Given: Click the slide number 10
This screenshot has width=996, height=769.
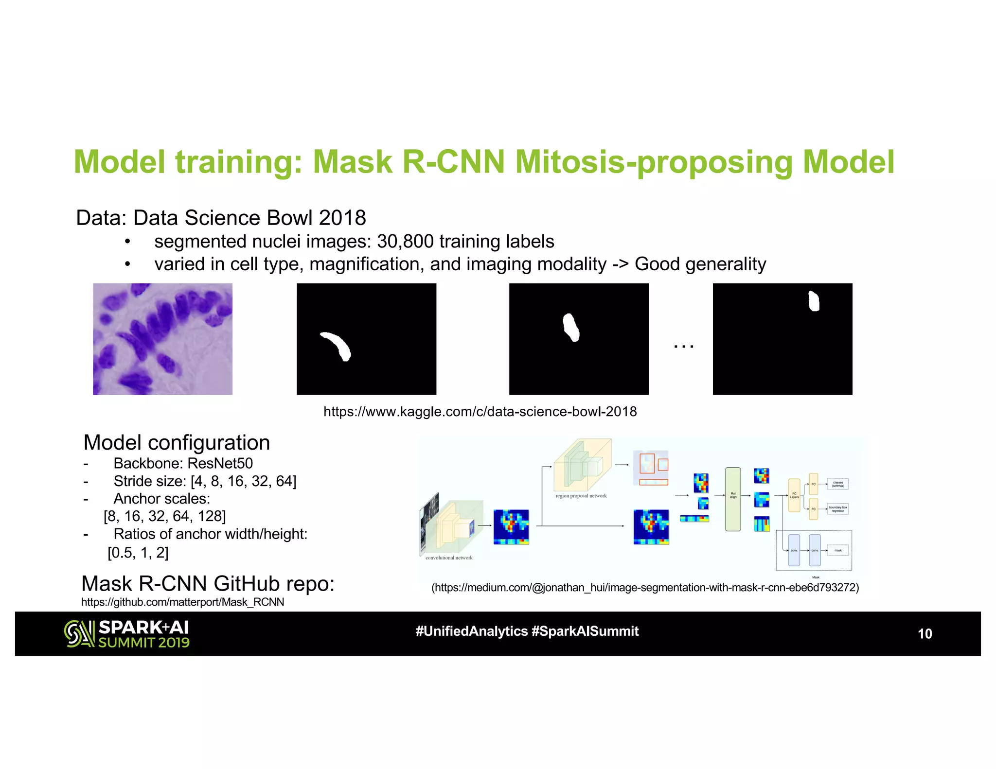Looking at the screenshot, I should (x=924, y=634).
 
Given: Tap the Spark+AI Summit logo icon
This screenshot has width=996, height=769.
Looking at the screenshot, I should (x=79, y=634).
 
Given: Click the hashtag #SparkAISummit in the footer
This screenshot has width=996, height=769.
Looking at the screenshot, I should (x=585, y=631).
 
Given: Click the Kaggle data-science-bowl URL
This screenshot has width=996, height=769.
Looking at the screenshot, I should (x=480, y=412).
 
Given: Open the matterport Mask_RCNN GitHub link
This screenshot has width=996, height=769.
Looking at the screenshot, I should (x=182, y=602).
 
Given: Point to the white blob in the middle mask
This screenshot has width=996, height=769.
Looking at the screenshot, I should (x=571, y=327).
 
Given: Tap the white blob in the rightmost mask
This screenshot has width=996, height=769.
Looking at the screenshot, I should (x=814, y=301).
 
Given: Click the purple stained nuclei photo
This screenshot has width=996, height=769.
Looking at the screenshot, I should (x=162, y=339).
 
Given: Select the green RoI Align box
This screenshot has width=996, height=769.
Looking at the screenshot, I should (x=733, y=499).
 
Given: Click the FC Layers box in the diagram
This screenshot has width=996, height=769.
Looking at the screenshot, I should (x=794, y=495).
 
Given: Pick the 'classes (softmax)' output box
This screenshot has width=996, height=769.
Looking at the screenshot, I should (x=838, y=484).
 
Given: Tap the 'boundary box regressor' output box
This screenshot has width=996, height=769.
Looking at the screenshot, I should (x=838, y=509).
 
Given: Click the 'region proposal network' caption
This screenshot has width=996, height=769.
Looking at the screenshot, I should (x=581, y=496).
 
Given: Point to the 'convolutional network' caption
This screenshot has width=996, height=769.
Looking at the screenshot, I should (x=449, y=558).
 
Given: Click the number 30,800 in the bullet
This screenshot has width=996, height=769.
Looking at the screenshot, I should (x=405, y=242).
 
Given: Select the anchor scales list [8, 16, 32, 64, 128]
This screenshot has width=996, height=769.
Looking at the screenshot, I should (x=165, y=516).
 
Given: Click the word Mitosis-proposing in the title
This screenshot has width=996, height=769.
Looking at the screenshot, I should (x=654, y=161).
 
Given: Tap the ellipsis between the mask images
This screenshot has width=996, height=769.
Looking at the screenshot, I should (x=683, y=346).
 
